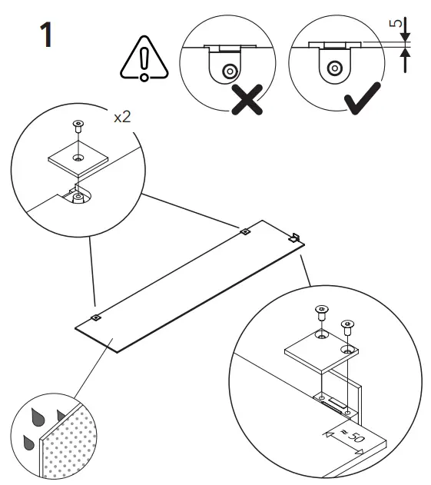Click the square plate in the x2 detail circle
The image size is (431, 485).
78,158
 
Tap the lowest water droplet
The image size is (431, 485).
28,442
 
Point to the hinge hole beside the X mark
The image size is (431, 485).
229,70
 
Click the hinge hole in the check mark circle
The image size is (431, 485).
333,67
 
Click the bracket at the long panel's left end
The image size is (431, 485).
96,317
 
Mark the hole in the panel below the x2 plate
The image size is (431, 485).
78,198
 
